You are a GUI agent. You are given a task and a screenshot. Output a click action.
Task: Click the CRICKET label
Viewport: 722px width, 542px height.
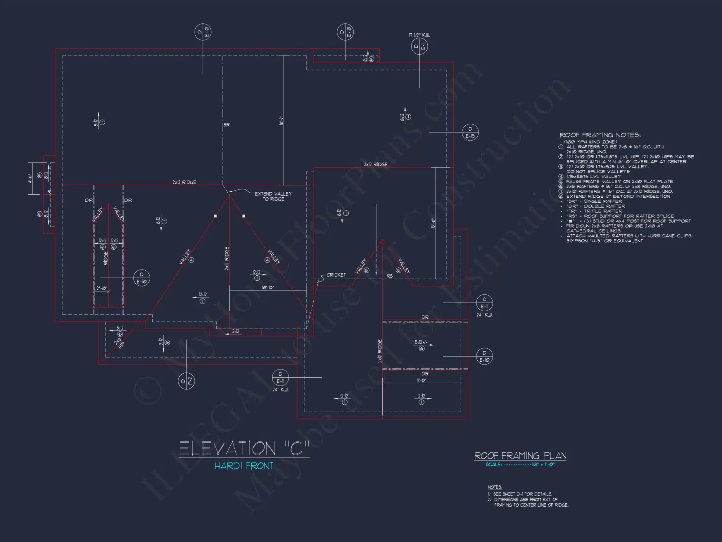click(x=336, y=275)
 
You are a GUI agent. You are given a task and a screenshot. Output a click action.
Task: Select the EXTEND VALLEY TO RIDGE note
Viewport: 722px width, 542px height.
click(x=273, y=197)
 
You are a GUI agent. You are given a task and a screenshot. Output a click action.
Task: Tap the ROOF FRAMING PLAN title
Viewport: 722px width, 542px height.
click(x=520, y=456)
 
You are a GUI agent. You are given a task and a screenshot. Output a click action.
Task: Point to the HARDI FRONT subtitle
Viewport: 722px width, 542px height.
click(x=244, y=466)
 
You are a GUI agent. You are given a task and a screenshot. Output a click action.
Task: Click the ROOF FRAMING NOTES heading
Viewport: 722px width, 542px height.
click(x=600, y=135)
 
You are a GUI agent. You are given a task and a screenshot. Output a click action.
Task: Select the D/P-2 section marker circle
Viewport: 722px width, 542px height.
click(x=186, y=381)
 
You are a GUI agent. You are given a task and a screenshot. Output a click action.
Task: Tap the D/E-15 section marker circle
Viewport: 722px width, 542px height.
click(x=470, y=133)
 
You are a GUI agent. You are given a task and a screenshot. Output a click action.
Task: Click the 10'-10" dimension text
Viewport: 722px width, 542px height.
click(x=268, y=288)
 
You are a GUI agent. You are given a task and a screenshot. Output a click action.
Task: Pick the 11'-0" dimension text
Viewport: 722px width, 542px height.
click(x=421, y=380)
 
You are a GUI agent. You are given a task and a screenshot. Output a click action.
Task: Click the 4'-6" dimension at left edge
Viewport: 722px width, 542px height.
click(x=30, y=178)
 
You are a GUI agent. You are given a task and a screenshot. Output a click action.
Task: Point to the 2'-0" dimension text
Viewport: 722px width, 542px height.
click(x=102, y=288)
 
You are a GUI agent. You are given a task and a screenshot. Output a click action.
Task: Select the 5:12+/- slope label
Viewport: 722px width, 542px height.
click(x=421, y=342)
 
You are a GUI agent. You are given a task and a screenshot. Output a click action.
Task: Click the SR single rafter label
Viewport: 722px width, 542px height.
click(x=226, y=125)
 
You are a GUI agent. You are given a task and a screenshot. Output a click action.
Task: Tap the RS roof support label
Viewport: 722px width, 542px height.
click(x=390, y=276)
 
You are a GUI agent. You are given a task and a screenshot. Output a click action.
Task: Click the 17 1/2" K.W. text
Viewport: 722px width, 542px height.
click(x=419, y=35)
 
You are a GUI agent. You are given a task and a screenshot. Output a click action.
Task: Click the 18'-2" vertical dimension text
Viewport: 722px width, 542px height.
click(x=281, y=120)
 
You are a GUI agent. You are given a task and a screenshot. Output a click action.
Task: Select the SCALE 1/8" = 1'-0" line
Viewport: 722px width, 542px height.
click(x=520, y=465)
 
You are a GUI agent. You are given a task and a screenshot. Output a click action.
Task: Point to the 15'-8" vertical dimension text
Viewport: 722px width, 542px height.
click(x=433, y=223)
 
